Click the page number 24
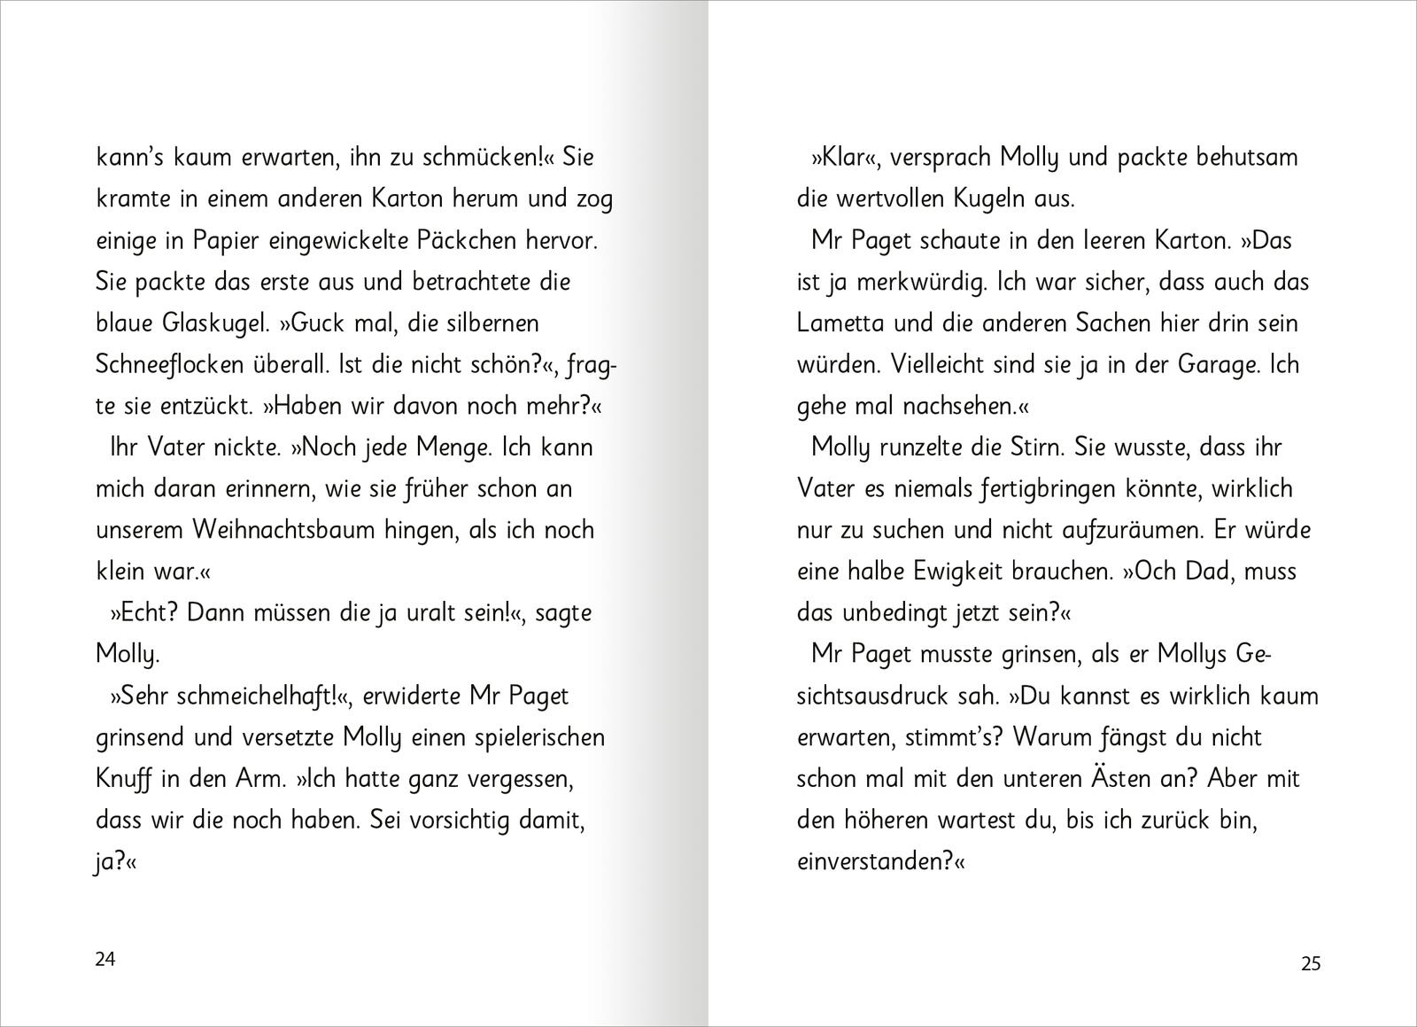coord(105,959)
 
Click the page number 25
coord(1311,963)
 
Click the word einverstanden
coord(868,861)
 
